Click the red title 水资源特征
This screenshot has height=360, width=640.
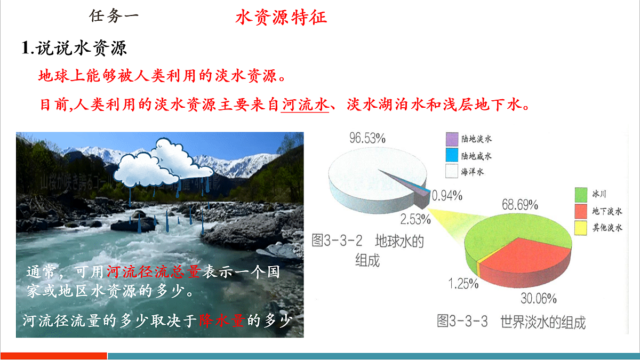(281, 17)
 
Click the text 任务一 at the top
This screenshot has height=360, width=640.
(114, 16)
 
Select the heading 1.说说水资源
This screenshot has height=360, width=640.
(74, 49)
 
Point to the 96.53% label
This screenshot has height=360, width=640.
(367, 138)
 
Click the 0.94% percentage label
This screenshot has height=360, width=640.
(447, 195)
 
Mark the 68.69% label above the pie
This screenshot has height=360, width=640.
(519, 205)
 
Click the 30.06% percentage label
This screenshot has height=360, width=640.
(539, 298)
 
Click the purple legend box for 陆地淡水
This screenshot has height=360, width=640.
(452, 140)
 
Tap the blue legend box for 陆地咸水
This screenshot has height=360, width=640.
(452, 156)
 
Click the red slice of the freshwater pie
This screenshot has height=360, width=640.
(525, 259)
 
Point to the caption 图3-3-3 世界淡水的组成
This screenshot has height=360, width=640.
(511, 322)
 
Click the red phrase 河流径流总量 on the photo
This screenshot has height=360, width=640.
(153, 273)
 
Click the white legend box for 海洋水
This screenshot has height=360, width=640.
(452, 171)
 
